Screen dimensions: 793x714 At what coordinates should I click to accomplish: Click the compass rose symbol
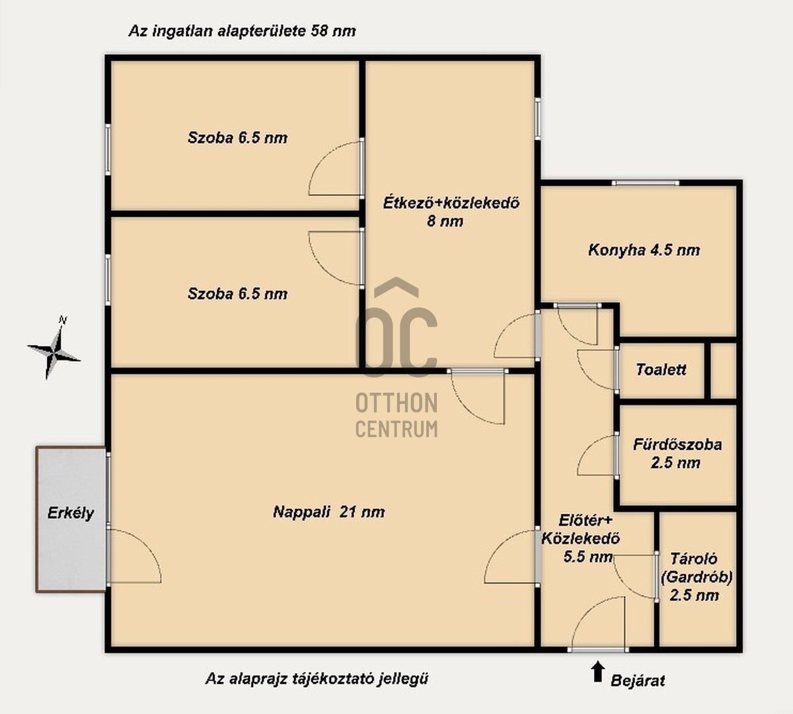(54, 348)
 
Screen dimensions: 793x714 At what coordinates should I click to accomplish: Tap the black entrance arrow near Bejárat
(597, 672)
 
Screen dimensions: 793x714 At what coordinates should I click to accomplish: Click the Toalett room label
(661, 370)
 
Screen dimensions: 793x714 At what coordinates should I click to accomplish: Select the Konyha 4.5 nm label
(644, 250)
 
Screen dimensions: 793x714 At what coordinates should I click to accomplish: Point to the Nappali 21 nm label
(328, 512)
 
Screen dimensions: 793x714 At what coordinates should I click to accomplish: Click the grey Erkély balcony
(71, 520)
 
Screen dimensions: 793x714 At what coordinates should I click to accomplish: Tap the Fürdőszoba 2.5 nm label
(677, 454)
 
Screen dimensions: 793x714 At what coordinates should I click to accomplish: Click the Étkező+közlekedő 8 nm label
(451, 212)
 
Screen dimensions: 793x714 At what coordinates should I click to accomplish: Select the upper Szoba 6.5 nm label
(237, 138)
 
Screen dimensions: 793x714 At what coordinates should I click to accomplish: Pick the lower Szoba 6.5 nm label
(237, 294)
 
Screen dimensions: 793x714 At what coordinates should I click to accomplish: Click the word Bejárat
(637, 681)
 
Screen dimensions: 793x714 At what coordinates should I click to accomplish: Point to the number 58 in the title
(319, 31)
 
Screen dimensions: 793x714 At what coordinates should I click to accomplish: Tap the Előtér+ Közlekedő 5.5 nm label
(580, 538)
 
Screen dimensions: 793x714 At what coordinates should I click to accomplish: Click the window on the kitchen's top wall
(645, 182)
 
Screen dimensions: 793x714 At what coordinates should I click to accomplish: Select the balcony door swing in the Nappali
(133, 555)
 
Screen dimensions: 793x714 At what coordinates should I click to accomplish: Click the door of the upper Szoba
(336, 168)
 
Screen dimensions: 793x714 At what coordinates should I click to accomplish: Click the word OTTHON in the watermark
(397, 403)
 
